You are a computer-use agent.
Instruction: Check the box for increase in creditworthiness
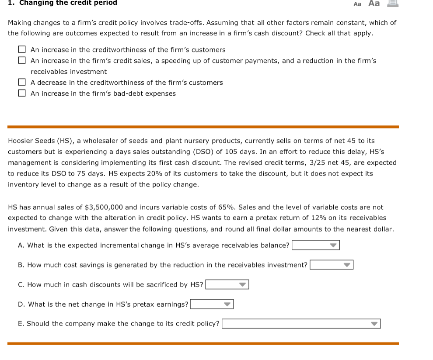pos(22,50)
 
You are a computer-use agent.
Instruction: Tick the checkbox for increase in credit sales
pos(22,61)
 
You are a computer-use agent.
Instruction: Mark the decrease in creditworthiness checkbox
pos(22,83)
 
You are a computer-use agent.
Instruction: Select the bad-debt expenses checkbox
pos(22,93)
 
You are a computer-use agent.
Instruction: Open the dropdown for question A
pos(316,245)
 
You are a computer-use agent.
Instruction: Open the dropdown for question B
pos(332,265)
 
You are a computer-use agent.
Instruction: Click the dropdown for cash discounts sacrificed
pos(227,284)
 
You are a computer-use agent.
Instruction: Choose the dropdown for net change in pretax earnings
pos(212,304)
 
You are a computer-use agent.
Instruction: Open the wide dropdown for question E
pos(301,324)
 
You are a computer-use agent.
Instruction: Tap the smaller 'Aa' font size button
pos(357,4)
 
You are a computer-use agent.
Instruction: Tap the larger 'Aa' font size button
pos(374,3)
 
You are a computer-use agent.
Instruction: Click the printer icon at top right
pos(392,3)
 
